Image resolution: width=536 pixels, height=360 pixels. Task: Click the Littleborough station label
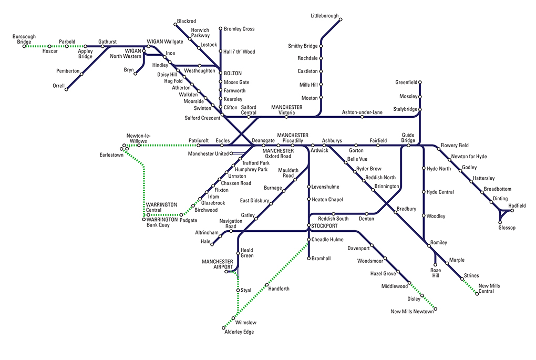click(x=325, y=16)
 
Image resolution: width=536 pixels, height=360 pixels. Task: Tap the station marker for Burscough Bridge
click(x=24, y=46)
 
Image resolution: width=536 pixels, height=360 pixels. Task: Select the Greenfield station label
click(x=406, y=82)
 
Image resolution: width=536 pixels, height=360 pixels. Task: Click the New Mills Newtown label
click(x=413, y=312)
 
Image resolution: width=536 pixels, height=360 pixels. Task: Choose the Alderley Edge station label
click(x=239, y=332)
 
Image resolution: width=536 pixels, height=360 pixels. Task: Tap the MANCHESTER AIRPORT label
click(x=218, y=264)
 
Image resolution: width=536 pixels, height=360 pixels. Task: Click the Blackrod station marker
click(x=175, y=24)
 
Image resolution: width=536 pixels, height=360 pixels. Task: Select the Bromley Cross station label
click(x=239, y=29)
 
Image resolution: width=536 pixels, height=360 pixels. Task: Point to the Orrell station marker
click(x=66, y=89)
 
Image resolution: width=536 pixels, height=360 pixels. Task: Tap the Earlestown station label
click(x=111, y=155)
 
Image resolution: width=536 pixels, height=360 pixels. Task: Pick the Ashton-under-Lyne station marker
click(x=362, y=117)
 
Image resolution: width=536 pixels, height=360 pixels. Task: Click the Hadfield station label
click(x=517, y=205)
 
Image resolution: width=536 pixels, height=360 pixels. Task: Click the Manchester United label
click(x=208, y=153)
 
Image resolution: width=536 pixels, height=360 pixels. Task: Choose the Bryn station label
click(x=129, y=69)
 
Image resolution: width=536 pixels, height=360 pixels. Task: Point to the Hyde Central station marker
click(x=424, y=192)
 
